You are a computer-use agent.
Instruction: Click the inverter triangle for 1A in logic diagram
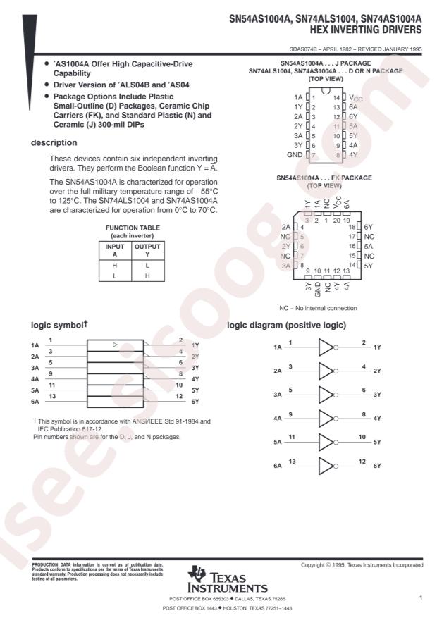326,347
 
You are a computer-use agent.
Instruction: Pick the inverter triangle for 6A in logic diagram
326,466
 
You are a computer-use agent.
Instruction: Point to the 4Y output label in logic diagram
377,419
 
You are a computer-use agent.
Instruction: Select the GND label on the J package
295,154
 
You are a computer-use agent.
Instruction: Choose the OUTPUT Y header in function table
147,250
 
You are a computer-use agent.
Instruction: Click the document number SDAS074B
303,49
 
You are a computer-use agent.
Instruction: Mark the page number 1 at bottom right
420,598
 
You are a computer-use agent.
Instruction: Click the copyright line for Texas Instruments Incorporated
362,565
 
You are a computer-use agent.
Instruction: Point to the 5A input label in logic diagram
278,443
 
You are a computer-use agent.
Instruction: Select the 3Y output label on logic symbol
195,367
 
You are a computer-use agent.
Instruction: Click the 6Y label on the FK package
369,227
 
